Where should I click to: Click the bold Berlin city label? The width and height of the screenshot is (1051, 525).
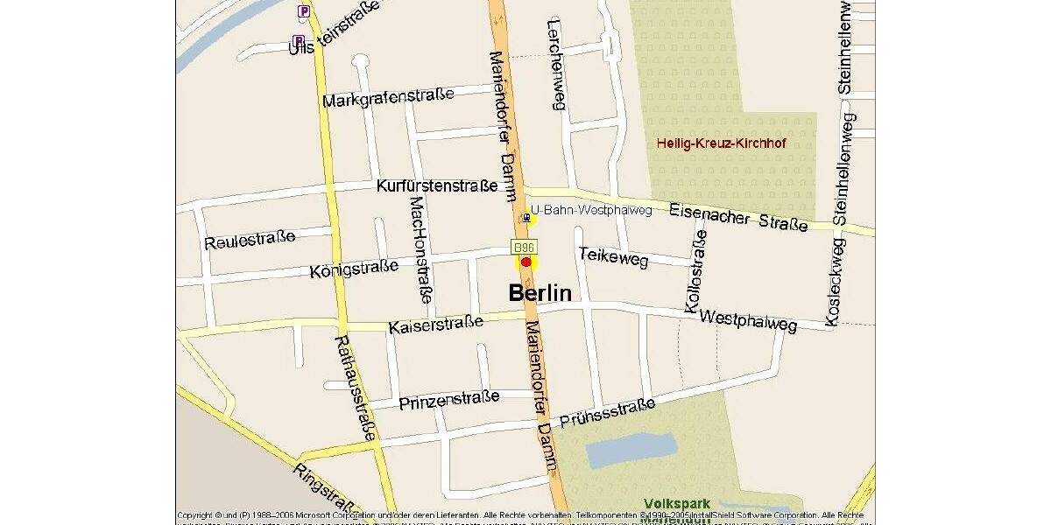coord(540,293)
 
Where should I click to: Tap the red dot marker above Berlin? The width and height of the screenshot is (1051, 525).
coord(525,262)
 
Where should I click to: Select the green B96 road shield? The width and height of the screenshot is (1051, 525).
coord(524,248)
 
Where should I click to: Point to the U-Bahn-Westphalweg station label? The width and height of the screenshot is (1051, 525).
coord(591,211)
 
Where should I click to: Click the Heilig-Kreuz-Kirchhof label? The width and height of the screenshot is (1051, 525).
coord(722,142)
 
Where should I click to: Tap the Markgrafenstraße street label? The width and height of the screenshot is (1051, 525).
coord(388,97)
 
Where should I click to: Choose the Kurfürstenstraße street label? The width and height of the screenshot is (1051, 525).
coord(436,185)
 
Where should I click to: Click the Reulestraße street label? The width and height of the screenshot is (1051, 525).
coord(250,239)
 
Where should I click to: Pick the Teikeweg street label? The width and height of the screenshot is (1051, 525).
coord(613,256)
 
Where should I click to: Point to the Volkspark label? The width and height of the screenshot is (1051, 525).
coord(676,504)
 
